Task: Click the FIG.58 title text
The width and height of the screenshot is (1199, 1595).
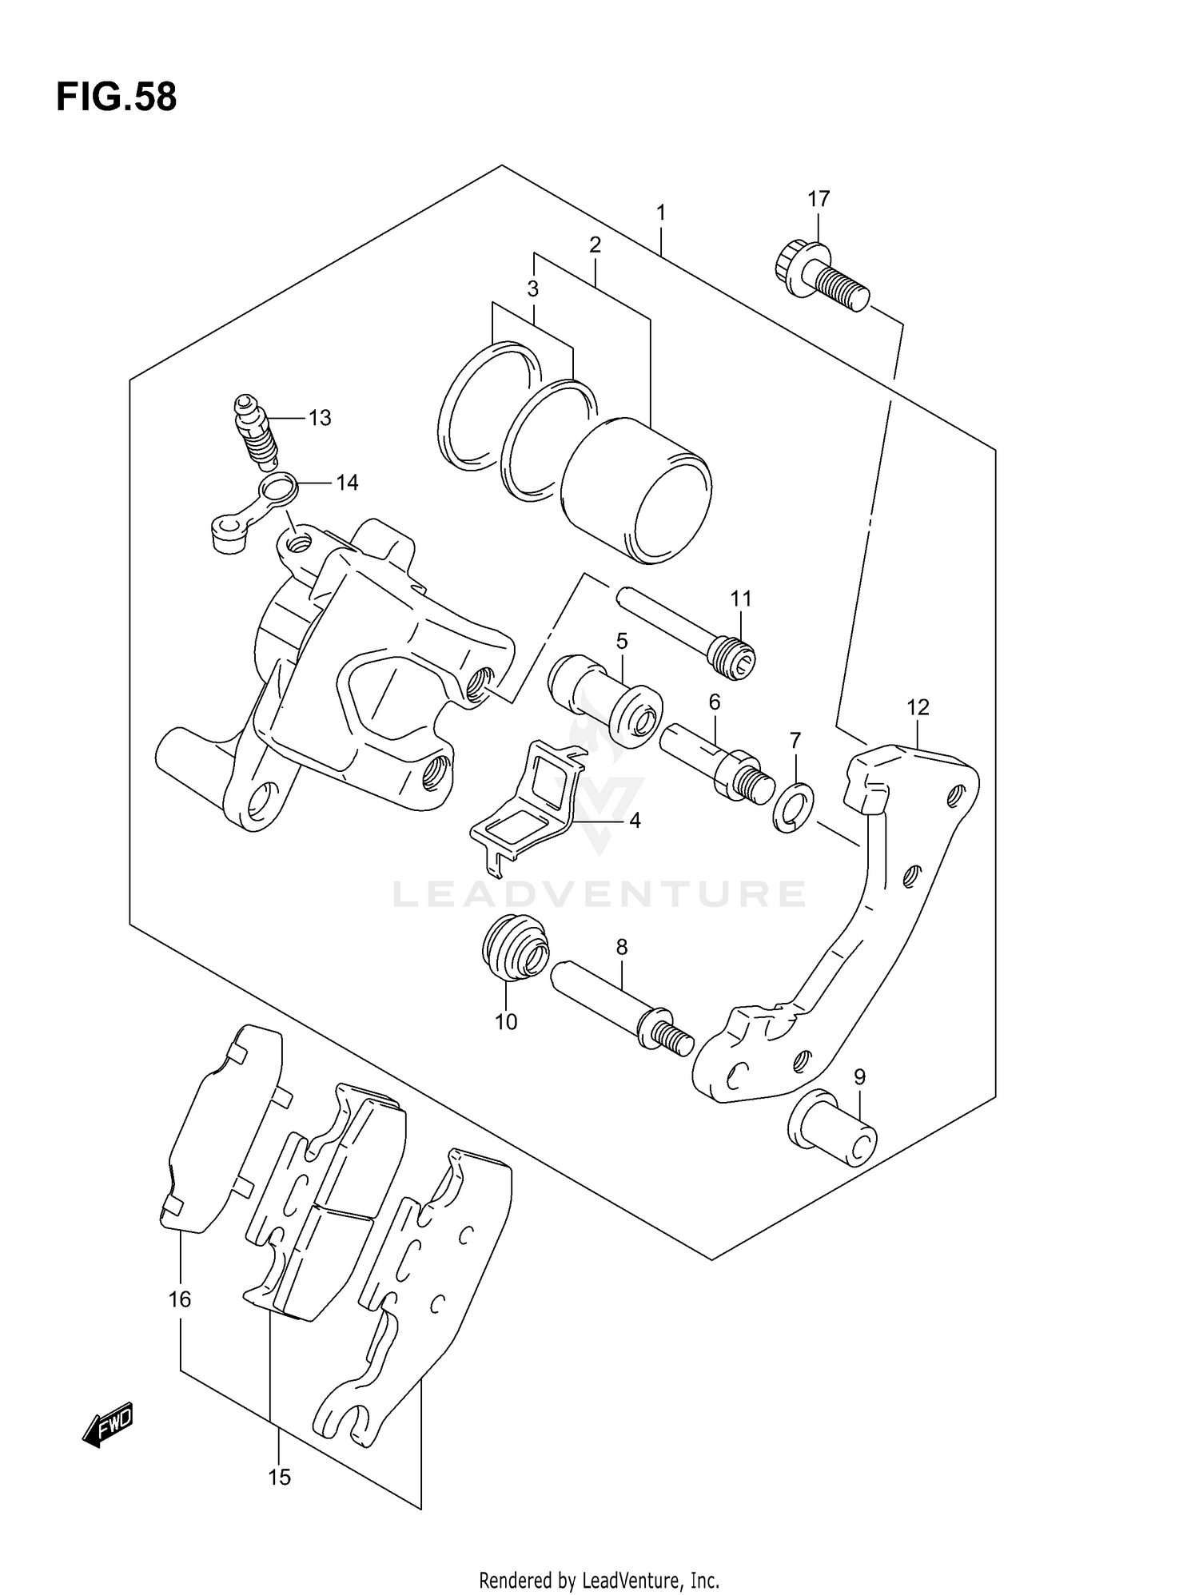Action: coord(116,97)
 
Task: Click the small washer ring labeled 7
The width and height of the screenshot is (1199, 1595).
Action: coord(793,809)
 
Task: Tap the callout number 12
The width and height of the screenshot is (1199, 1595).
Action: coord(918,707)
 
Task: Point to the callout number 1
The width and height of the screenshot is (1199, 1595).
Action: coord(660,213)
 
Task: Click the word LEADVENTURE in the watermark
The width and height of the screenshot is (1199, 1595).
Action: coord(599,894)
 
